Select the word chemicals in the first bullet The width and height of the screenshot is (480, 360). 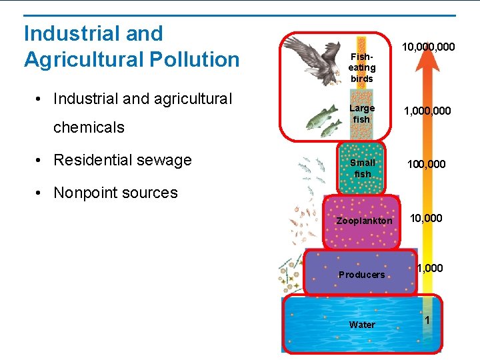click(89, 127)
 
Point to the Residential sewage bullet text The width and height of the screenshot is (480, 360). click(123, 160)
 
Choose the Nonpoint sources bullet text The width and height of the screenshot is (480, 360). click(115, 193)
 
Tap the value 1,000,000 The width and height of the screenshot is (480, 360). click(428, 112)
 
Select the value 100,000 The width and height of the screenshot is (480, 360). click(428, 163)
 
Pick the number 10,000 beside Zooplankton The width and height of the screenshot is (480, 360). click(425, 218)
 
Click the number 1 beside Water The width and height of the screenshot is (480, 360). click(427, 319)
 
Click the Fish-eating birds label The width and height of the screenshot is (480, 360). click(362, 67)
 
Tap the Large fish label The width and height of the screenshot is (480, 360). click(362, 113)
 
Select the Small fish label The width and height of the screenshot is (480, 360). click(362, 168)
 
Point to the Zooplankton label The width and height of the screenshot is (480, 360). click(364, 221)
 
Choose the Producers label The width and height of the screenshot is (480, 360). click(361, 275)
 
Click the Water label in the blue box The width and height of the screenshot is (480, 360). click(362, 325)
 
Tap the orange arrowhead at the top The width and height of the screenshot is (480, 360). click(427, 61)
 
